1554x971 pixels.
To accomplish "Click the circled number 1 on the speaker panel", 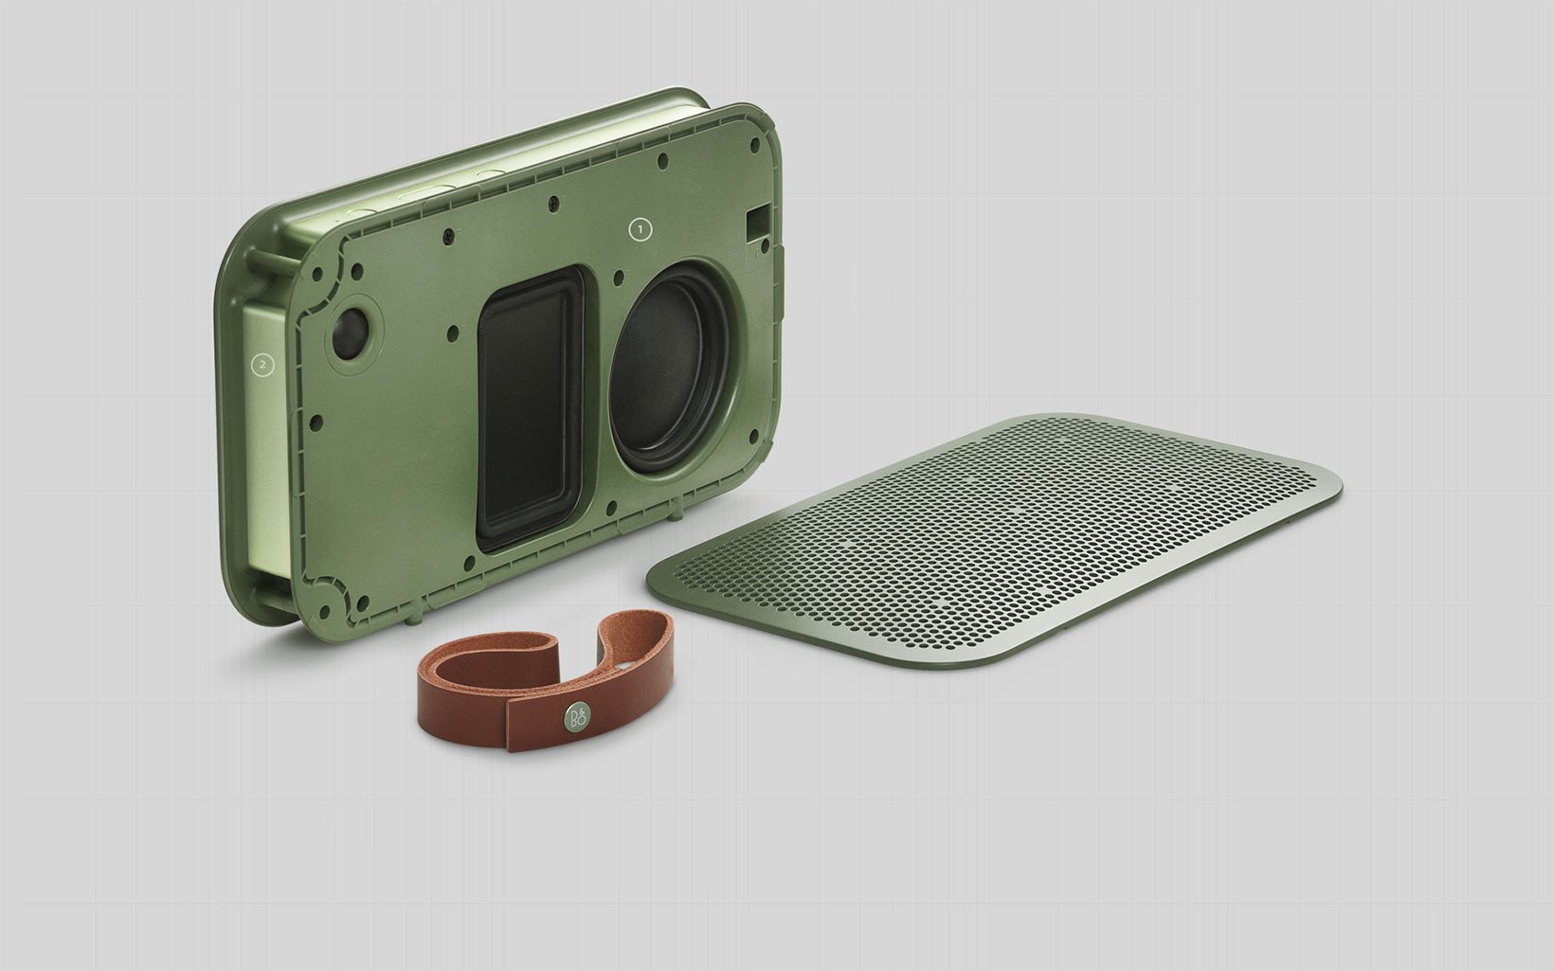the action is pos(640,229).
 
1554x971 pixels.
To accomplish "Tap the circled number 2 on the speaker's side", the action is pos(262,364).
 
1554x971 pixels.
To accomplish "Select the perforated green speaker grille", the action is pos(993,541).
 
